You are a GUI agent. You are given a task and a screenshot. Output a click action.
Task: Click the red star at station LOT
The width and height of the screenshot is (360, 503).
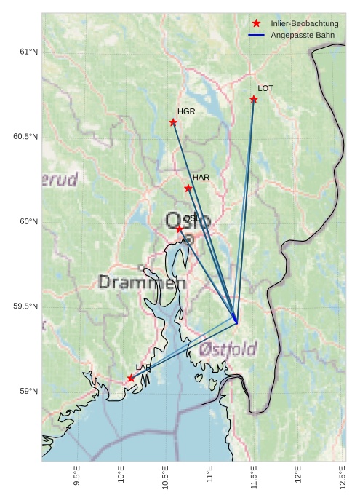point(254,99)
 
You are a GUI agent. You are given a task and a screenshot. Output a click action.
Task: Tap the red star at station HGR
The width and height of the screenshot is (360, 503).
point(173,122)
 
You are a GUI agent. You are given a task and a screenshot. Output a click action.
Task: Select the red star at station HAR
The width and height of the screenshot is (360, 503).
point(188,189)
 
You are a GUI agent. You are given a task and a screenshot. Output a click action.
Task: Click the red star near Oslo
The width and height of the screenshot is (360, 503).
point(180,229)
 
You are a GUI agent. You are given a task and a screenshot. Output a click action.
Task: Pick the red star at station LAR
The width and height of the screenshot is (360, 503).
point(131,378)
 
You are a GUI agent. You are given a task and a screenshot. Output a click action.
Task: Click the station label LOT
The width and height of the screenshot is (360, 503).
point(265,88)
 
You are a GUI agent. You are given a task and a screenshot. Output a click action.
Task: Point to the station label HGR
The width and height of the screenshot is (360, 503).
point(186,111)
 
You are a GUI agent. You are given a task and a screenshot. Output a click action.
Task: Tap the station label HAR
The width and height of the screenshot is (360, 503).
point(201,177)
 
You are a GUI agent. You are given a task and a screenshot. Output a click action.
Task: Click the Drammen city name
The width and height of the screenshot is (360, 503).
point(142,282)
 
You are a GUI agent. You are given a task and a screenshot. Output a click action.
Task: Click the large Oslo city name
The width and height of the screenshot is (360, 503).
point(188,221)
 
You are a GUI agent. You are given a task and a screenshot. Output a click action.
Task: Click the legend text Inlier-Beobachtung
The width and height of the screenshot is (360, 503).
point(305,24)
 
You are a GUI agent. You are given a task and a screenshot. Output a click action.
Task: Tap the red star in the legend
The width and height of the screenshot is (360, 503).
point(256,24)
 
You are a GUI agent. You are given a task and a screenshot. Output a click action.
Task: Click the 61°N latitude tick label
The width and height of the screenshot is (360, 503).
point(28,52)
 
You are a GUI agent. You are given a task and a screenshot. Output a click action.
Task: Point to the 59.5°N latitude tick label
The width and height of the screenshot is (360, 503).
point(25,306)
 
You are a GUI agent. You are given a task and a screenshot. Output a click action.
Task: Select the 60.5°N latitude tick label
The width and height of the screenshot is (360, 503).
point(25,137)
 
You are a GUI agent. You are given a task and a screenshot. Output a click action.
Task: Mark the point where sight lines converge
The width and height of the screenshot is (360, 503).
point(236,321)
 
